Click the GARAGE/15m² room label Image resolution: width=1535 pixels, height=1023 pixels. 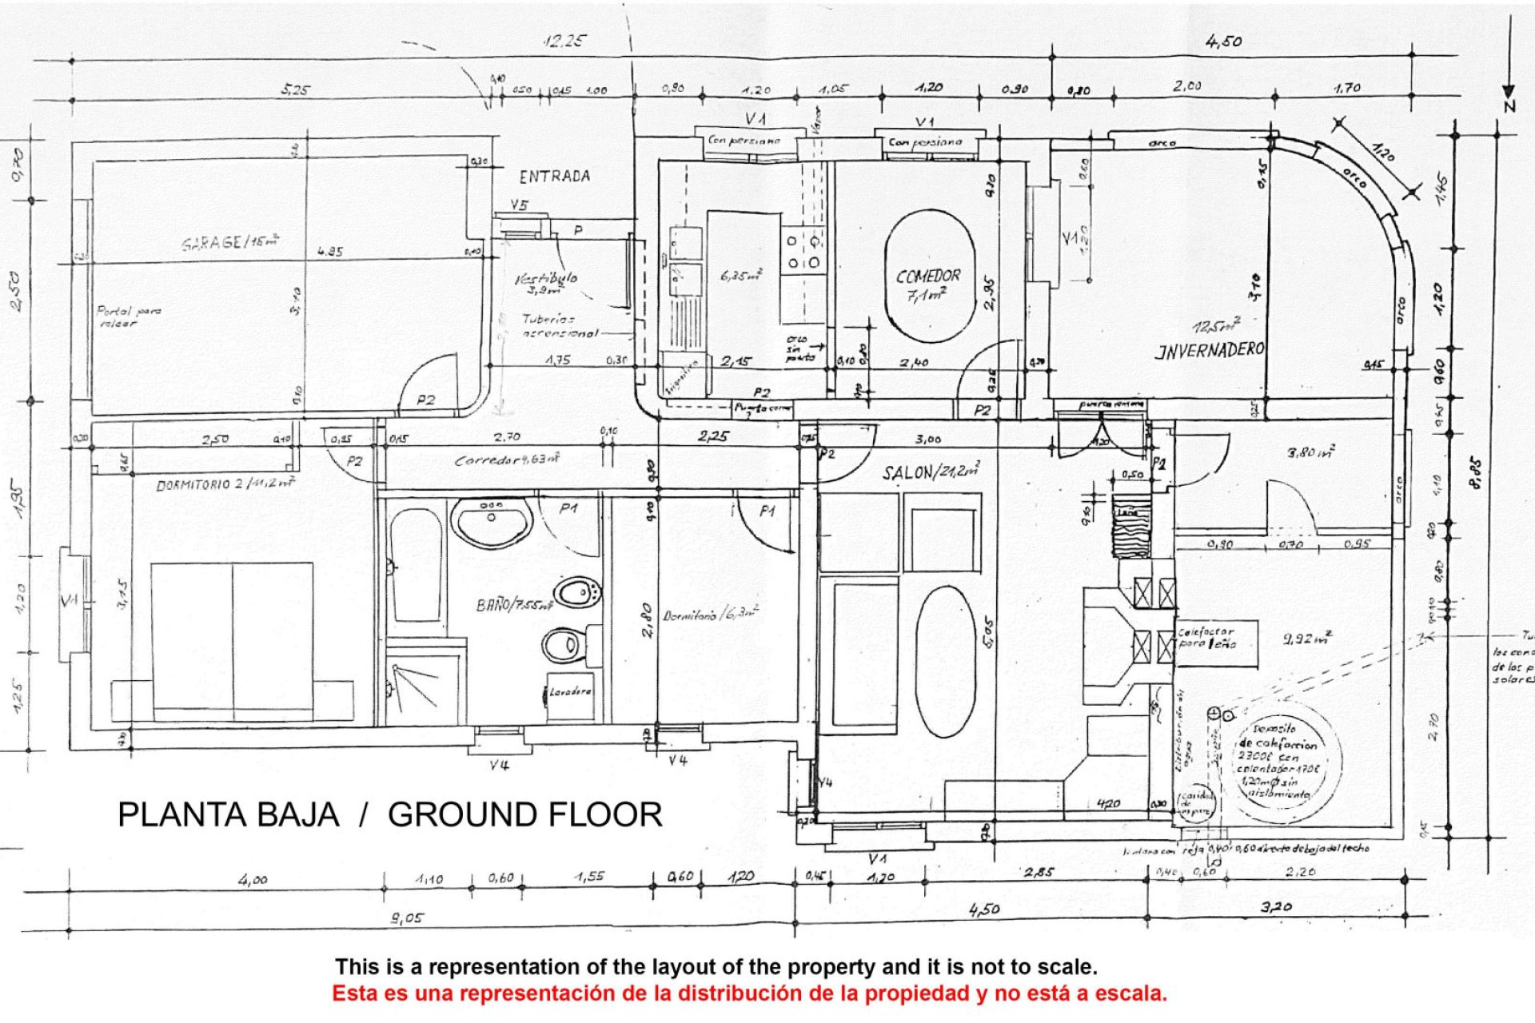click(230, 241)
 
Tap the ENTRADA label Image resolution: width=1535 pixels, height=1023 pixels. click(554, 177)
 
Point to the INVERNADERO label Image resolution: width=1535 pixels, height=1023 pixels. click(1210, 350)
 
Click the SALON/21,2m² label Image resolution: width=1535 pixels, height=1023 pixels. click(930, 472)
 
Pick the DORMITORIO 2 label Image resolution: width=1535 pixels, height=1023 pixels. click(225, 484)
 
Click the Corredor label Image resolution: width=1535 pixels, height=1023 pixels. click(506, 460)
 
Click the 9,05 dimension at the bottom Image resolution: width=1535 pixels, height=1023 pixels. click(407, 918)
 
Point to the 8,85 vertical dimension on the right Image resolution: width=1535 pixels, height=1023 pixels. click(1476, 473)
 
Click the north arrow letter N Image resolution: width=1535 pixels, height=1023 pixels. click(1509, 105)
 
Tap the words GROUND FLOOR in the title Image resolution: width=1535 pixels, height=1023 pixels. click(524, 814)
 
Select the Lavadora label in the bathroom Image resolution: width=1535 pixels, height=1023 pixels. click(570, 691)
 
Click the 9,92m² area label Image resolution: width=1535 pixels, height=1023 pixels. click(1306, 639)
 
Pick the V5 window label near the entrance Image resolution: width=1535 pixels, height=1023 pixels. click(519, 205)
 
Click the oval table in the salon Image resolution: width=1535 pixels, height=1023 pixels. click(946, 661)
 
